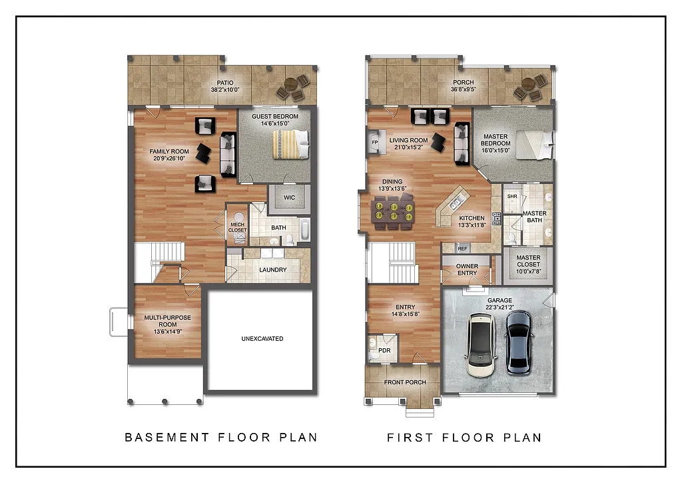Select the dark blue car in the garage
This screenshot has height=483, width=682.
tap(518, 341)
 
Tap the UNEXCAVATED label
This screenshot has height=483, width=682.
tap(262, 339)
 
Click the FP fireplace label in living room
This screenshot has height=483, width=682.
tap(374, 143)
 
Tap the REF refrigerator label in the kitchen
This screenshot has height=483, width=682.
tap(463, 248)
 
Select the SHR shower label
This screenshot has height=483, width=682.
tap(512, 197)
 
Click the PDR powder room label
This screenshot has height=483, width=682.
tap(384, 350)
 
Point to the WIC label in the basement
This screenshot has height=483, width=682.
tap(289, 197)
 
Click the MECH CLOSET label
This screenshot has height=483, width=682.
tap(237, 227)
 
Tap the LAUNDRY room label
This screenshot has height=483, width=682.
tap(273, 270)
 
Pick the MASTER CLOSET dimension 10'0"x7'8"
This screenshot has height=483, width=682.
tap(528, 272)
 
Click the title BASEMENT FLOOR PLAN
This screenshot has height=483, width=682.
tap(221, 438)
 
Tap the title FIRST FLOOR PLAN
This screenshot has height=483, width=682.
tap(464, 438)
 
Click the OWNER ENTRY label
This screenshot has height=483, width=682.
tap(467, 270)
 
